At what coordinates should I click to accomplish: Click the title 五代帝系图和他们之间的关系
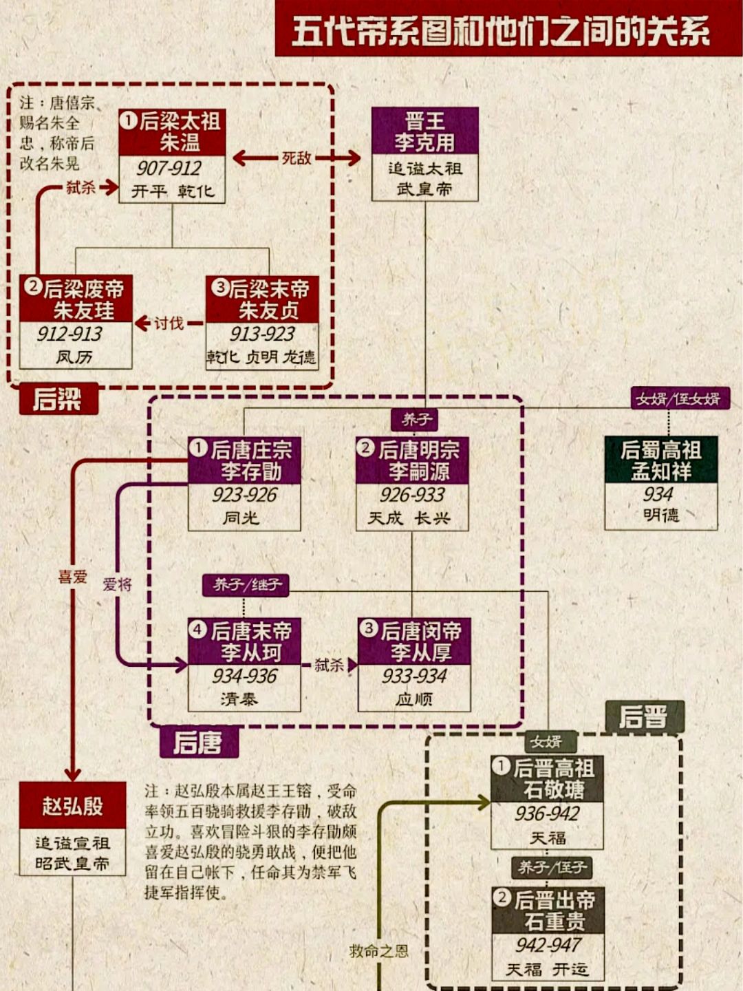[501, 32]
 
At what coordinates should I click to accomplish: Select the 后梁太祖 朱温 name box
[172, 132]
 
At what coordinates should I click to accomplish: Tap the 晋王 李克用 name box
[424, 131]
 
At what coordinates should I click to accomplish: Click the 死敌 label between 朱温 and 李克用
[297, 158]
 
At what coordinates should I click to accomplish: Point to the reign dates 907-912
[169, 168]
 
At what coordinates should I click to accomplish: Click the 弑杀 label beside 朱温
[80, 187]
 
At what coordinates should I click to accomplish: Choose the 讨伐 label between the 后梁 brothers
[169, 323]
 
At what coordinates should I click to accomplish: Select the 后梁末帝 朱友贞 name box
[262, 299]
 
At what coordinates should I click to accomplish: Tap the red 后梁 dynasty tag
[58, 399]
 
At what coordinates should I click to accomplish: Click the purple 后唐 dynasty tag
[199, 743]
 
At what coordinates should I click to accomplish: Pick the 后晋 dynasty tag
[644, 716]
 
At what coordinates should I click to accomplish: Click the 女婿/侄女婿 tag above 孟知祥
[679, 398]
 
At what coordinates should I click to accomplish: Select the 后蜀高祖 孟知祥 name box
[660, 460]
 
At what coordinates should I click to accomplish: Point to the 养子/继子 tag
[246, 585]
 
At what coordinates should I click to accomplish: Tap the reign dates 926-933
[412, 495]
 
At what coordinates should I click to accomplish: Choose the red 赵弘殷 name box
[72, 805]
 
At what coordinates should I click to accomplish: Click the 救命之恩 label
[378, 951]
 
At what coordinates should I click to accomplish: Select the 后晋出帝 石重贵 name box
[548, 910]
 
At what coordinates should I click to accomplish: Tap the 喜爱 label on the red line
[72, 577]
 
